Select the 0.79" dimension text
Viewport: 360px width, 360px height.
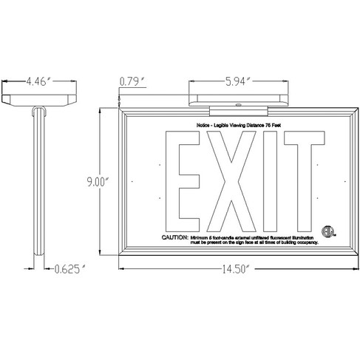pyautogui.click(x=133, y=81)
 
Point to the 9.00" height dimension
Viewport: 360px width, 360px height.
pyautogui.click(x=97, y=180)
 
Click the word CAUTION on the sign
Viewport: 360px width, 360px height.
pyautogui.click(x=174, y=237)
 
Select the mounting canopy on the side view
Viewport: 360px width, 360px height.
pyautogui.click(x=38, y=98)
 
